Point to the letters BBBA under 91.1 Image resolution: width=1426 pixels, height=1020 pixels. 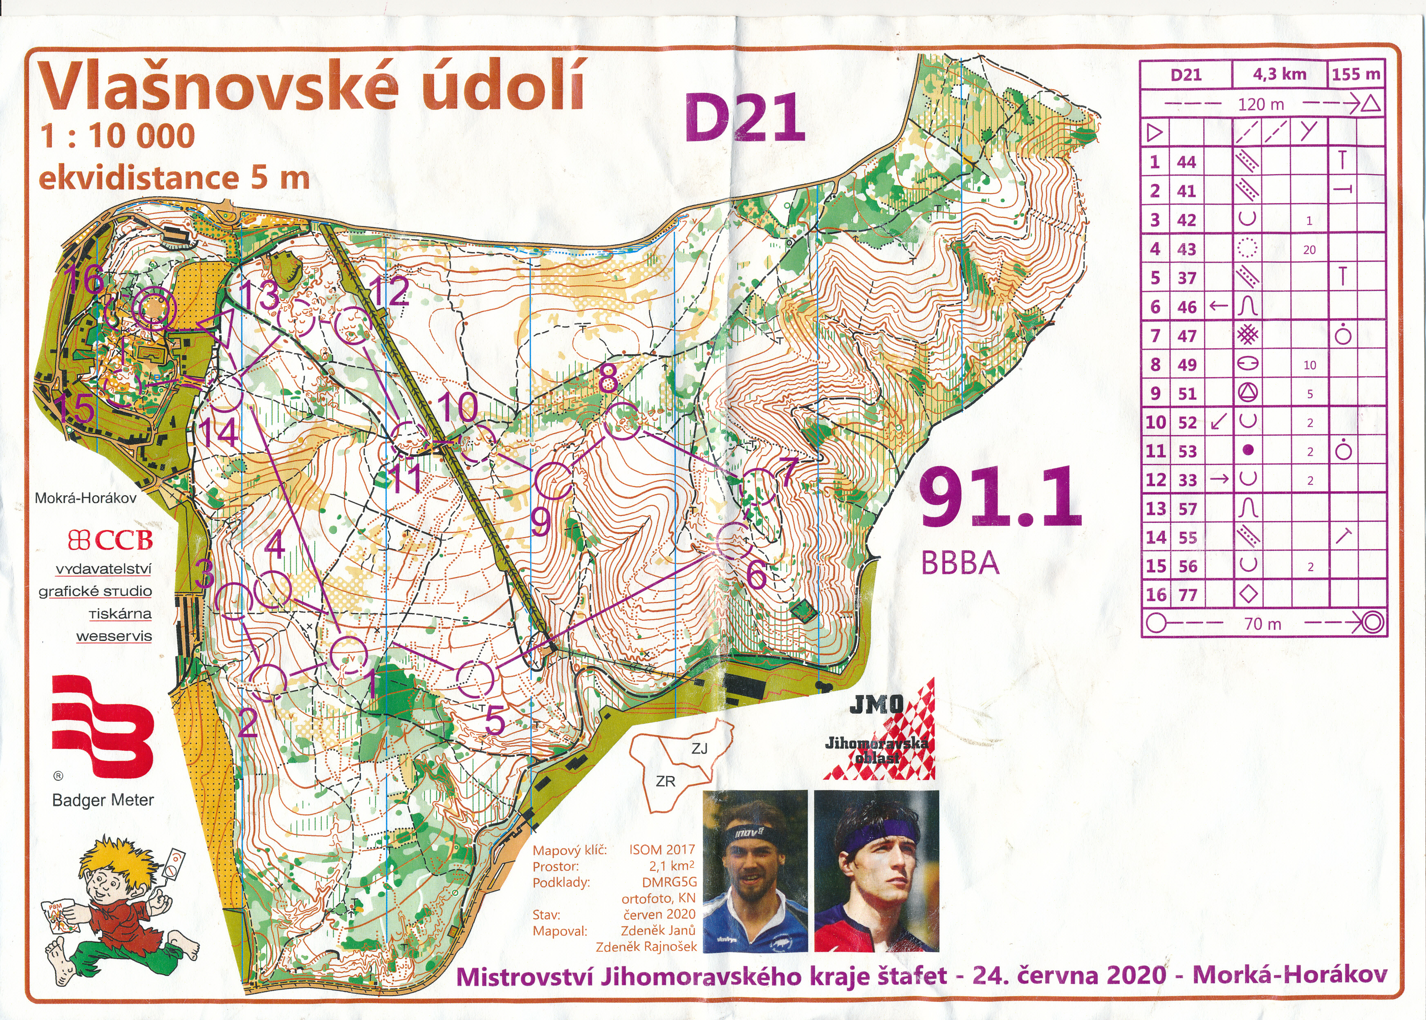point(959,563)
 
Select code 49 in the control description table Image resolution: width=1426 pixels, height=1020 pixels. point(1187,364)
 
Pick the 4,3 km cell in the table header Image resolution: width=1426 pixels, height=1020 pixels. point(1279,74)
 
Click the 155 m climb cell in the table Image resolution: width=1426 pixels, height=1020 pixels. point(1356,74)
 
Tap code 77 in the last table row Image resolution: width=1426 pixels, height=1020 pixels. point(1187,595)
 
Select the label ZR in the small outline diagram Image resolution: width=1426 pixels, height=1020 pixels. point(665,781)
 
